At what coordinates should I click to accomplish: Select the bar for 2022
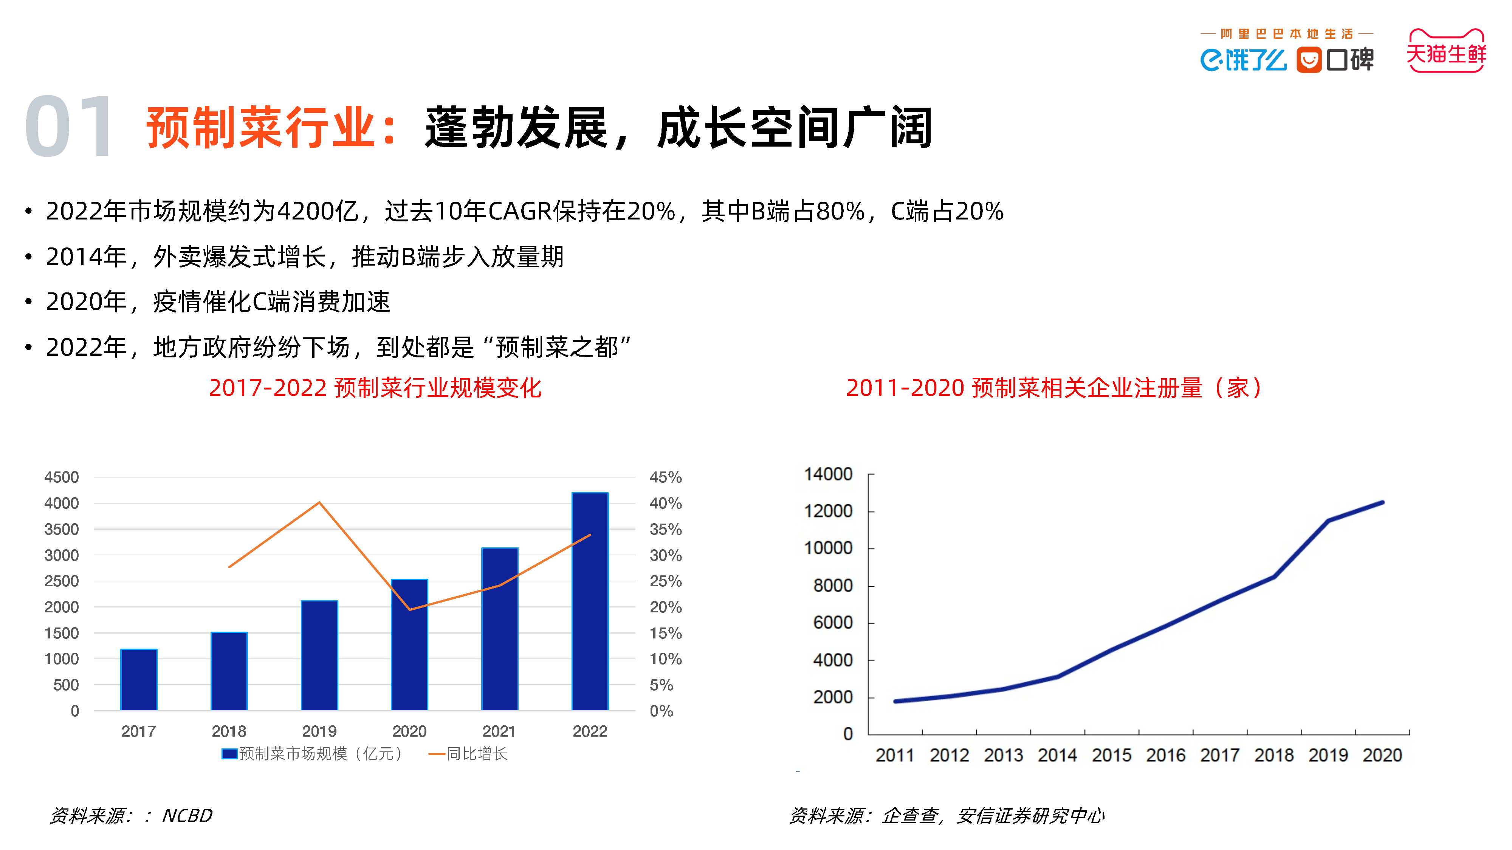(590, 601)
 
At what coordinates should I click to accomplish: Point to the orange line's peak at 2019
(319, 503)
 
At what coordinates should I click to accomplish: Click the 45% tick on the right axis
(665, 478)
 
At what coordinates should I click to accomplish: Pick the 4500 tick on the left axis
(61, 478)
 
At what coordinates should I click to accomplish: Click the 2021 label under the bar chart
(499, 731)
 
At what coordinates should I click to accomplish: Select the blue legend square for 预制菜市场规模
(229, 754)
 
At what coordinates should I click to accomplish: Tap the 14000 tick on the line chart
(827, 474)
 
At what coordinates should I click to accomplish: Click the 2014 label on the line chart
(1057, 756)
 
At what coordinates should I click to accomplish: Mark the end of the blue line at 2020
(1383, 503)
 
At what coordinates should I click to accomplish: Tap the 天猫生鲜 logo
(1446, 52)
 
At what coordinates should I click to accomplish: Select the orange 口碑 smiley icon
(1309, 60)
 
